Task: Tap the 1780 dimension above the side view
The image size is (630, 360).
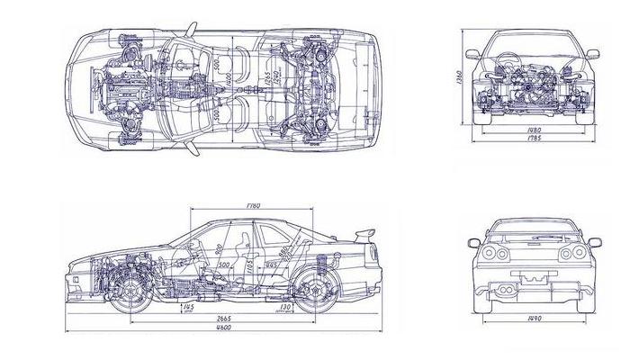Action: (x=251, y=207)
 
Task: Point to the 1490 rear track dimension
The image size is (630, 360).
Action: (x=535, y=319)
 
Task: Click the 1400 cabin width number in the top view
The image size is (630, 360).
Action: (x=230, y=85)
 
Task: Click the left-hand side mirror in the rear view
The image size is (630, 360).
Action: (x=473, y=242)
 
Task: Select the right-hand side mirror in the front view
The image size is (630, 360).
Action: (x=591, y=55)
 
